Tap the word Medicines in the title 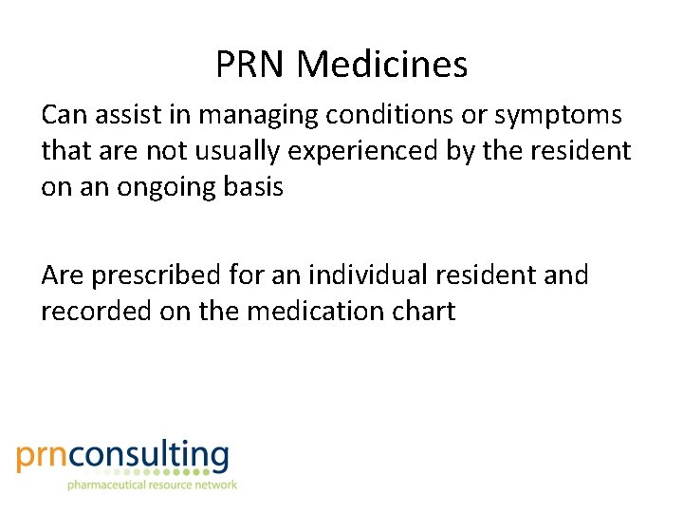click(x=381, y=65)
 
